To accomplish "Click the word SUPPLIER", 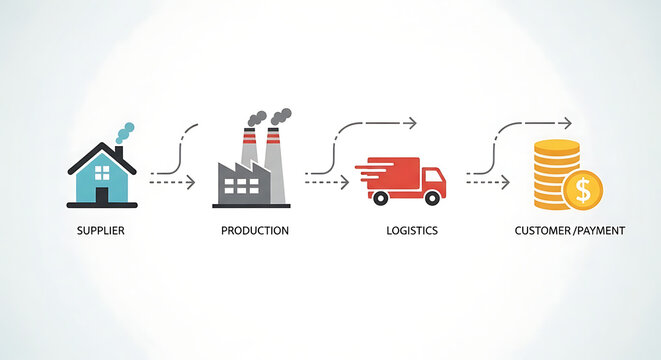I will coord(101,231).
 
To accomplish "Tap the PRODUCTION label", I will coord(255,231).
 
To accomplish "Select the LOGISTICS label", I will coord(411,231).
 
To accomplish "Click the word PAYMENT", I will coord(600,231).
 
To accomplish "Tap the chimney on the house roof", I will coord(119,155).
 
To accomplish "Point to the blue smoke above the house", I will coord(124,133).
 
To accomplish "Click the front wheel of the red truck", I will coord(432,198).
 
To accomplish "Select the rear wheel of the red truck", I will coord(380,198).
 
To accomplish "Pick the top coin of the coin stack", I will coord(556,146).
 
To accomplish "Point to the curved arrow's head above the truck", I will coord(411,123).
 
